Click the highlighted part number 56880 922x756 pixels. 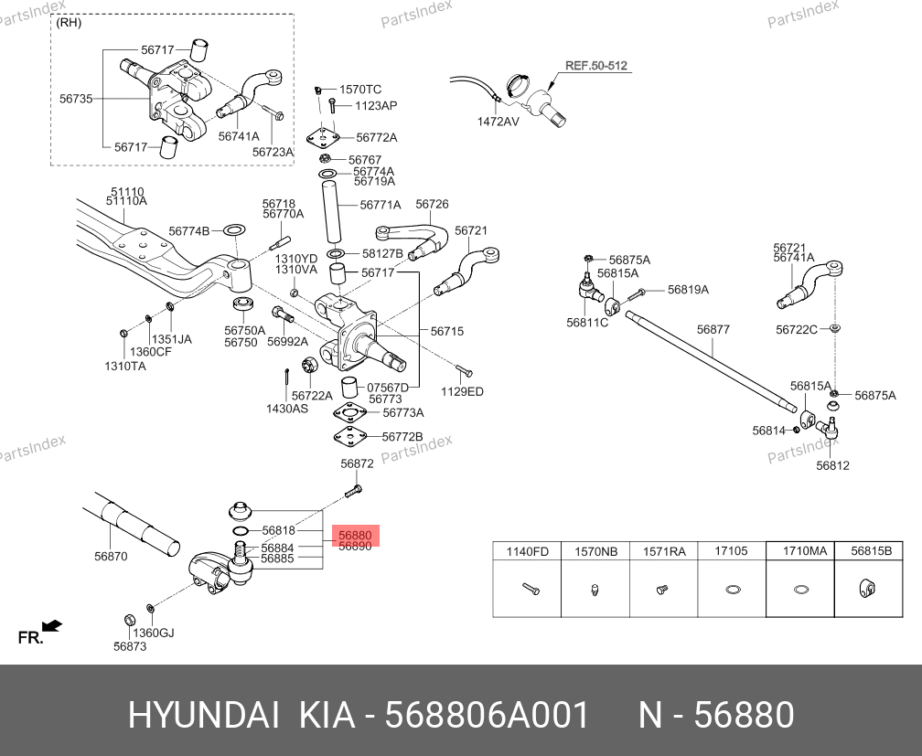[x=356, y=535]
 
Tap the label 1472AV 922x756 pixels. [x=498, y=121]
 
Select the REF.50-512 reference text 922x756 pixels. [x=595, y=66]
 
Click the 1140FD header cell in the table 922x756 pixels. [x=527, y=551]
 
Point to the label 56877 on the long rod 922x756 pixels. [x=713, y=329]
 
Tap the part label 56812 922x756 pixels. [x=833, y=465]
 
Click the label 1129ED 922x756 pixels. [x=462, y=391]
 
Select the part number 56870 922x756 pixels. [x=111, y=556]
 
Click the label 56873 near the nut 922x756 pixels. [x=130, y=646]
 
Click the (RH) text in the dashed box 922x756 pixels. [x=69, y=23]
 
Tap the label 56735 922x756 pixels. [x=76, y=98]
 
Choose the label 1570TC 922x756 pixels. [x=360, y=90]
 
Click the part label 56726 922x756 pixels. [x=433, y=205]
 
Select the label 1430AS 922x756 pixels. [x=287, y=409]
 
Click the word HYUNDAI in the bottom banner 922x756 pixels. [x=203, y=715]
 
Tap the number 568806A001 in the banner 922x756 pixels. [x=488, y=715]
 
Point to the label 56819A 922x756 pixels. [x=688, y=290]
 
